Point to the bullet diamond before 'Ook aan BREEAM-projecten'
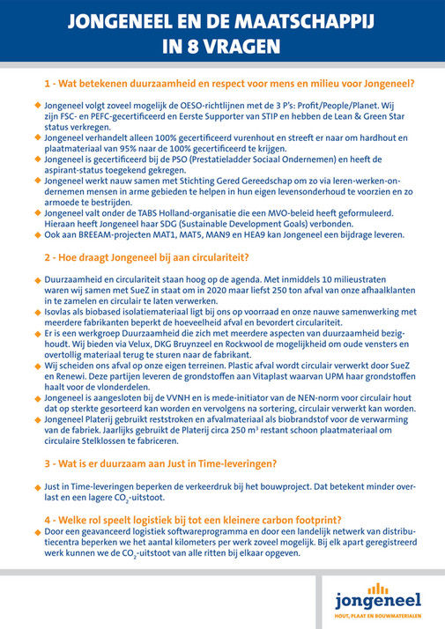coord(37,235)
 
